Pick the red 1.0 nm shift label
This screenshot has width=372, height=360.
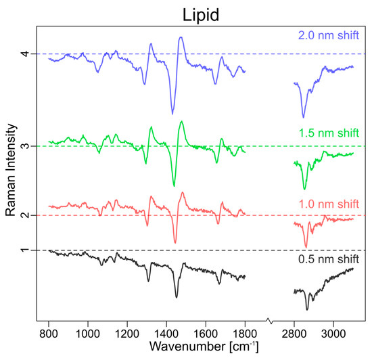328,204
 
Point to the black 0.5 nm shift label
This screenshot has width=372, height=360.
328,259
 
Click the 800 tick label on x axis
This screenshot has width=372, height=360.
48,333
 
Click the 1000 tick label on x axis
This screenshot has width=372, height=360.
87,333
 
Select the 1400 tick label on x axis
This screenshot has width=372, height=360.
166,333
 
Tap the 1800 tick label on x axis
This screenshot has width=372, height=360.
244,333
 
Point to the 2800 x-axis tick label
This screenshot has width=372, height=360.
294,333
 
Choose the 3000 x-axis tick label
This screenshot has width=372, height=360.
333,333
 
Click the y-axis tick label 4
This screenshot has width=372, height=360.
24,54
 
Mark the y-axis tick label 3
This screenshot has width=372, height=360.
24,146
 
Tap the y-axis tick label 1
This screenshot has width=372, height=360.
24,250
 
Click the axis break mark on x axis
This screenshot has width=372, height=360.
269,320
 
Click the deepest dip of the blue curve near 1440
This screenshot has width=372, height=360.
172,113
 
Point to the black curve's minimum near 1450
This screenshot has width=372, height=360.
176,296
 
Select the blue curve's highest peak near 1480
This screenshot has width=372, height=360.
181,38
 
